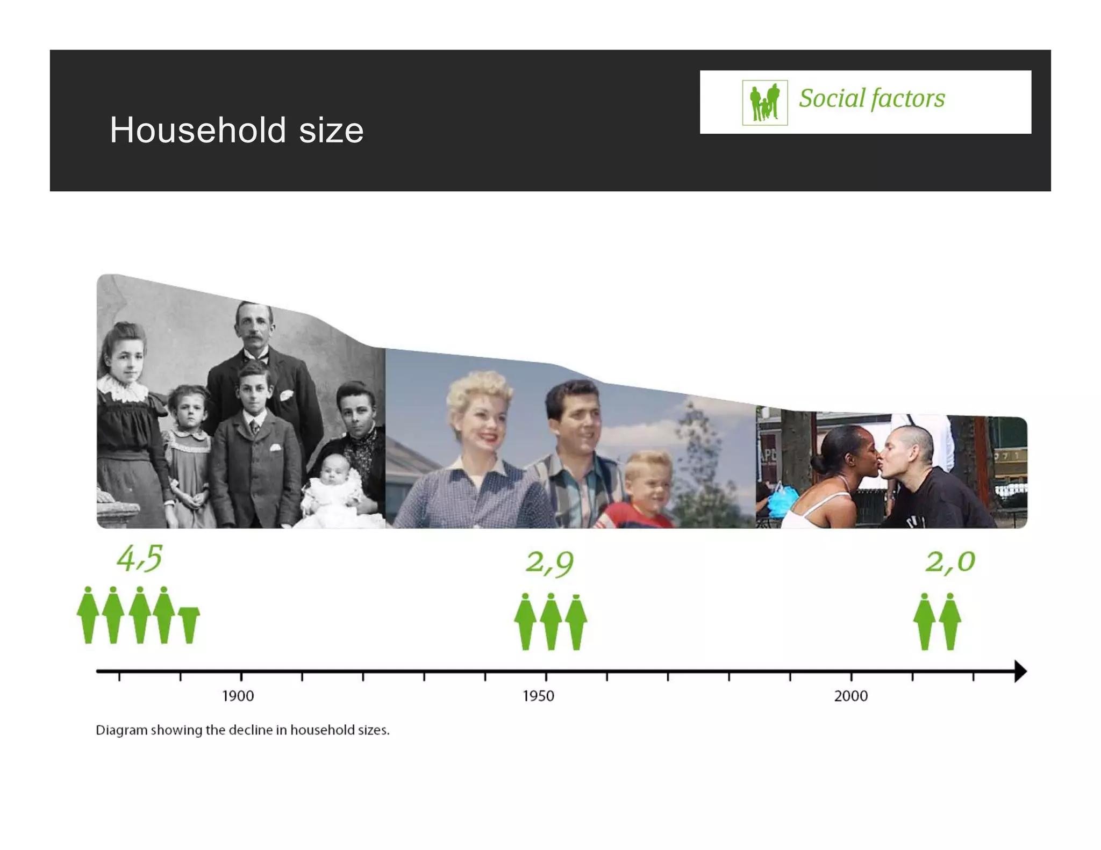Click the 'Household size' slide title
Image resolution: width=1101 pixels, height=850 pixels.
pyautogui.click(x=237, y=130)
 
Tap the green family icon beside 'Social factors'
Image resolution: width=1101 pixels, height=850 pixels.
pyautogui.click(x=764, y=102)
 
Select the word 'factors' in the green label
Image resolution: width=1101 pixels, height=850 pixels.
pyautogui.click(x=907, y=99)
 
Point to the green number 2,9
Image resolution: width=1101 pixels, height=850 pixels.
pyautogui.click(x=549, y=563)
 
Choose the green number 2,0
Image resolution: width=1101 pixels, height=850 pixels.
pyautogui.click(x=949, y=561)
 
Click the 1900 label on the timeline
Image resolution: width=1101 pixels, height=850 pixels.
pyautogui.click(x=238, y=696)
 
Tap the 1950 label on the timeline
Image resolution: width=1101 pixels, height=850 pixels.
pyautogui.click(x=538, y=696)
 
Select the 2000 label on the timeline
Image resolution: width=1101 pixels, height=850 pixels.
pyautogui.click(x=850, y=696)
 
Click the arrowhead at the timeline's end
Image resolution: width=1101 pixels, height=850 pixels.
pyautogui.click(x=1020, y=671)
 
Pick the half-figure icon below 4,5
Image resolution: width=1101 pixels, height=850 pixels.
pyautogui.click(x=189, y=624)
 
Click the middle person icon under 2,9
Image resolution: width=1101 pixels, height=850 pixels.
pyautogui.click(x=550, y=622)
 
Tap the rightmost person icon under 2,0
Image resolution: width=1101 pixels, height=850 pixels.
pyautogui.click(x=950, y=622)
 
